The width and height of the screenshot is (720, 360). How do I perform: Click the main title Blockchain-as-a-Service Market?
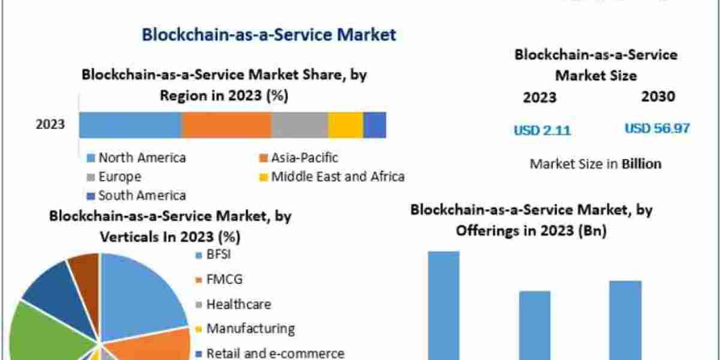(269, 35)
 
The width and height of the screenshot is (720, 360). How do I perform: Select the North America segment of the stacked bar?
(130, 125)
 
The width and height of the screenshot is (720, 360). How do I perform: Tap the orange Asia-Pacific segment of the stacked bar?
(227, 125)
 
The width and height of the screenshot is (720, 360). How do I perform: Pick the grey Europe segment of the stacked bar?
(299, 125)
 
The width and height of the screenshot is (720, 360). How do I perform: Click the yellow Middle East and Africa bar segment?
(346, 125)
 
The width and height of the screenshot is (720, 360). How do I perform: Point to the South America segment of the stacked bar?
(374, 125)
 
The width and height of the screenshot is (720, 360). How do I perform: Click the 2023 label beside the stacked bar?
(50, 125)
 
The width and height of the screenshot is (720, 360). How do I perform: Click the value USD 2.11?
(542, 130)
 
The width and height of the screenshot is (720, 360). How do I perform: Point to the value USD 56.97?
(657, 128)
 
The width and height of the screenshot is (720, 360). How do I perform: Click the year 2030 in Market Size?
(658, 97)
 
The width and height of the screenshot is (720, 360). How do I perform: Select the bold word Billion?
(641, 163)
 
